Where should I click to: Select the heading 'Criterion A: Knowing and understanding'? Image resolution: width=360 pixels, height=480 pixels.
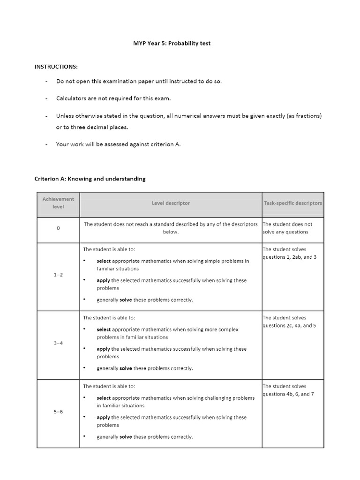[90, 179]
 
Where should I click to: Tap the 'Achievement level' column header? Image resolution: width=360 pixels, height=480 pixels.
[58, 203]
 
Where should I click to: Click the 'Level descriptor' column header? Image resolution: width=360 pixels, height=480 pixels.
[171, 203]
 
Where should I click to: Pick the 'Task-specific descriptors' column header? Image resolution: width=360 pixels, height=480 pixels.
[293, 203]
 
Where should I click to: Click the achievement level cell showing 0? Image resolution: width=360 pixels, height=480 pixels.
[58, 228]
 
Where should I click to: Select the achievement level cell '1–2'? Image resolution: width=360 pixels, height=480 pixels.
[58, 275]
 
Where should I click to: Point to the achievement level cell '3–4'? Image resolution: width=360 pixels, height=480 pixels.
[58, 343]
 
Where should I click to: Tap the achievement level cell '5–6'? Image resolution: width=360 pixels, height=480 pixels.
[58, 412]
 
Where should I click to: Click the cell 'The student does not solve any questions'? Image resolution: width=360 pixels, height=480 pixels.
[287, 228]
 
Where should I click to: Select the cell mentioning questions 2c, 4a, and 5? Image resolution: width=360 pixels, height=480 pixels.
[289, 322]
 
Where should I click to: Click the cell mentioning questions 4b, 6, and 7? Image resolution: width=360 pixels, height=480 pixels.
[288, 390]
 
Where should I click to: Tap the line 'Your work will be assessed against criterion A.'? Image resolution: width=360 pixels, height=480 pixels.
[118, 144]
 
